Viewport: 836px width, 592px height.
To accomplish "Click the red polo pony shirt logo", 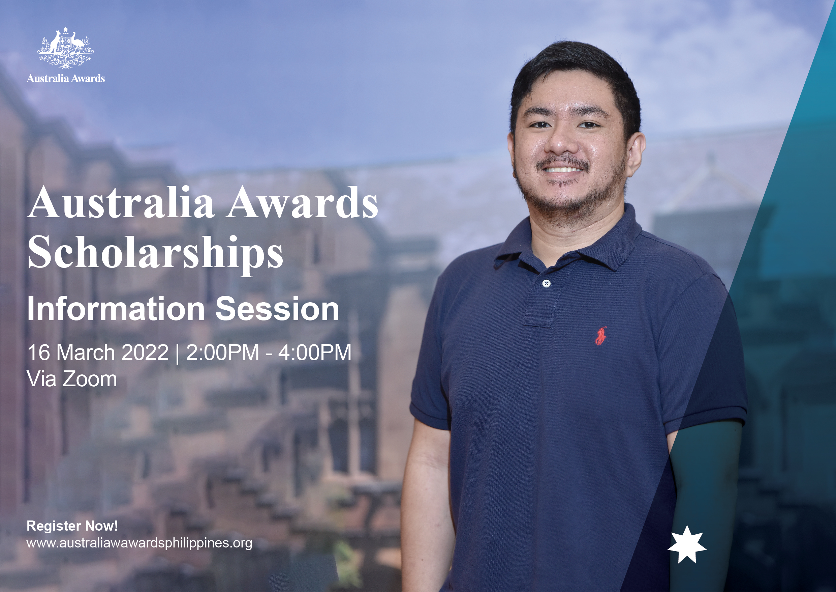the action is click(x=600, y=336).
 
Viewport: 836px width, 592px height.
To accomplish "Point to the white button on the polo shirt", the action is click(x=546, y=283).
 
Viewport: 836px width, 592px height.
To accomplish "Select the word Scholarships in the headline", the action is click(x=155, y=253).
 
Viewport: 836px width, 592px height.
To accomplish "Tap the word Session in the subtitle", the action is click(x=277, y=309).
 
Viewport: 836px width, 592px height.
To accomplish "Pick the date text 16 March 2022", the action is click(x=98, y=352).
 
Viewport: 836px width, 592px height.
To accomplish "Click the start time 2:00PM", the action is click(x=222, y=352).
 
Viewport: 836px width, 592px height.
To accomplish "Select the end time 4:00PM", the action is click(x=315, y=352).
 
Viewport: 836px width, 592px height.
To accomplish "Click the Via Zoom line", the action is click(x=72, y=379).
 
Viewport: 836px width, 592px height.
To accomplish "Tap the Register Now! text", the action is click(x=72, y=526).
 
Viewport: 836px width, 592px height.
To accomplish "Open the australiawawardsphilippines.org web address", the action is click(x=140, y=543).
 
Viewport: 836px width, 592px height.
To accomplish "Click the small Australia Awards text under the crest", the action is click(x=66, y=78).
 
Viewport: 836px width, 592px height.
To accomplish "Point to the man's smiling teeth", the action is click(x=562, y=170).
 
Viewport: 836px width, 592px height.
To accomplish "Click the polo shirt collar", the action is click(x=568, y=243).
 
